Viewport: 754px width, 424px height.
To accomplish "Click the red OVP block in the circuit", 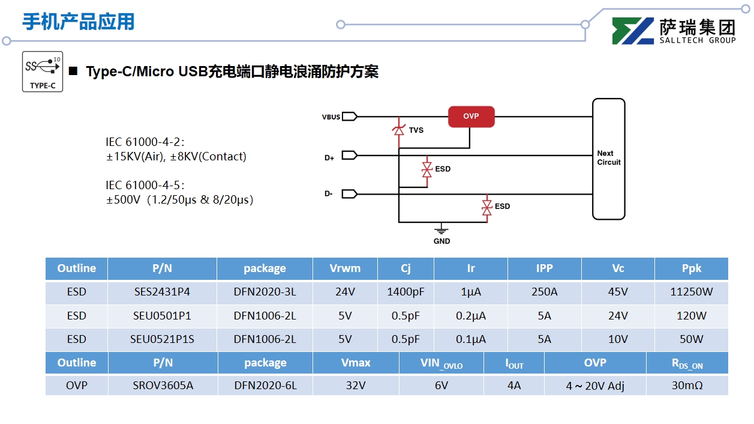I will [x=471, y=117].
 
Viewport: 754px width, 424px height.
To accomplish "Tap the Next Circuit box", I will [x=608, y=159].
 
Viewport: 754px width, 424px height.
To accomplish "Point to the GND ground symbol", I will [x=441, y=231].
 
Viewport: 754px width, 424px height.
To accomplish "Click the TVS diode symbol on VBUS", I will [x=398, y=129].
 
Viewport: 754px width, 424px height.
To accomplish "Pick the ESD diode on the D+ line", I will [x=426, y=169].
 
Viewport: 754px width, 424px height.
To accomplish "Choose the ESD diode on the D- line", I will [x=487, y=207].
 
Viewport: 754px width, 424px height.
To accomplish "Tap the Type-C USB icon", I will [x=43, y=71].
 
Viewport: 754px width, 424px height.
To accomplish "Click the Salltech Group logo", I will [x=674, y=31].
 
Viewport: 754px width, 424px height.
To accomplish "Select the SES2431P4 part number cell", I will [x=162, y=292].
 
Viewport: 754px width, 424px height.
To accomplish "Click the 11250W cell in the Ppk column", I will [x=691, y=292].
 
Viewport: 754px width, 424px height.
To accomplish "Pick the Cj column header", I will [x=405, y=268].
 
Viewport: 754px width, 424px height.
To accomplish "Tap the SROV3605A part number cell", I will [x=163, y=385].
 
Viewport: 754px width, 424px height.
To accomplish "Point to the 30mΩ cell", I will [x=687, y=385].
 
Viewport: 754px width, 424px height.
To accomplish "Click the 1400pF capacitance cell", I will [x=405, y=292].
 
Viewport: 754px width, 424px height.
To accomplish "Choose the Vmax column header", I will [x=356, y=363].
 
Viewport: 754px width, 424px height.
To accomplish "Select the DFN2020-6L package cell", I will [x=265, y=385].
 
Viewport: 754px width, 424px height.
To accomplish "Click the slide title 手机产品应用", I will [x=79, y=22].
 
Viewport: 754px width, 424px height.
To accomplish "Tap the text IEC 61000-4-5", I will [x=145, y=185].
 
